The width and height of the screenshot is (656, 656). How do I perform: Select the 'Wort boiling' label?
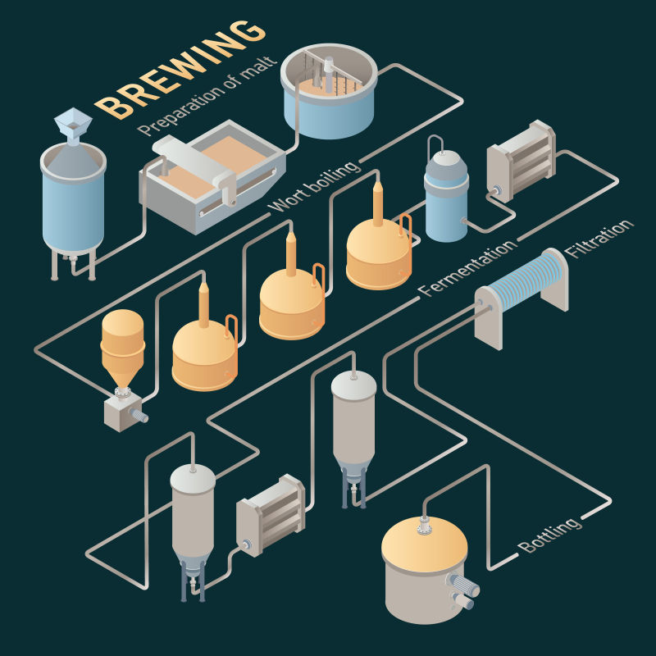[x=316, y=187]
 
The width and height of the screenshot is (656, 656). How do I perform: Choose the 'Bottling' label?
[x=549, y=534]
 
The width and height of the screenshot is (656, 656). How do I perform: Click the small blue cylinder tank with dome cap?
[x=446, y=197]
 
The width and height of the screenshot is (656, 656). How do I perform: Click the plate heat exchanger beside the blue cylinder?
[x=521, y=160]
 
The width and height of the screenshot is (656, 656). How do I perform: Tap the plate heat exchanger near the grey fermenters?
[x=271, y=513]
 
